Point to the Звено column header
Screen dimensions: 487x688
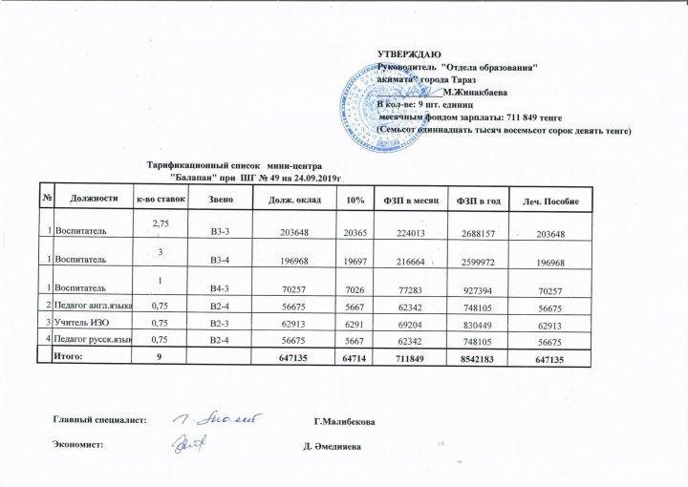coord(220,199)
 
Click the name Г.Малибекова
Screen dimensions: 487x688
coord(350,422)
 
